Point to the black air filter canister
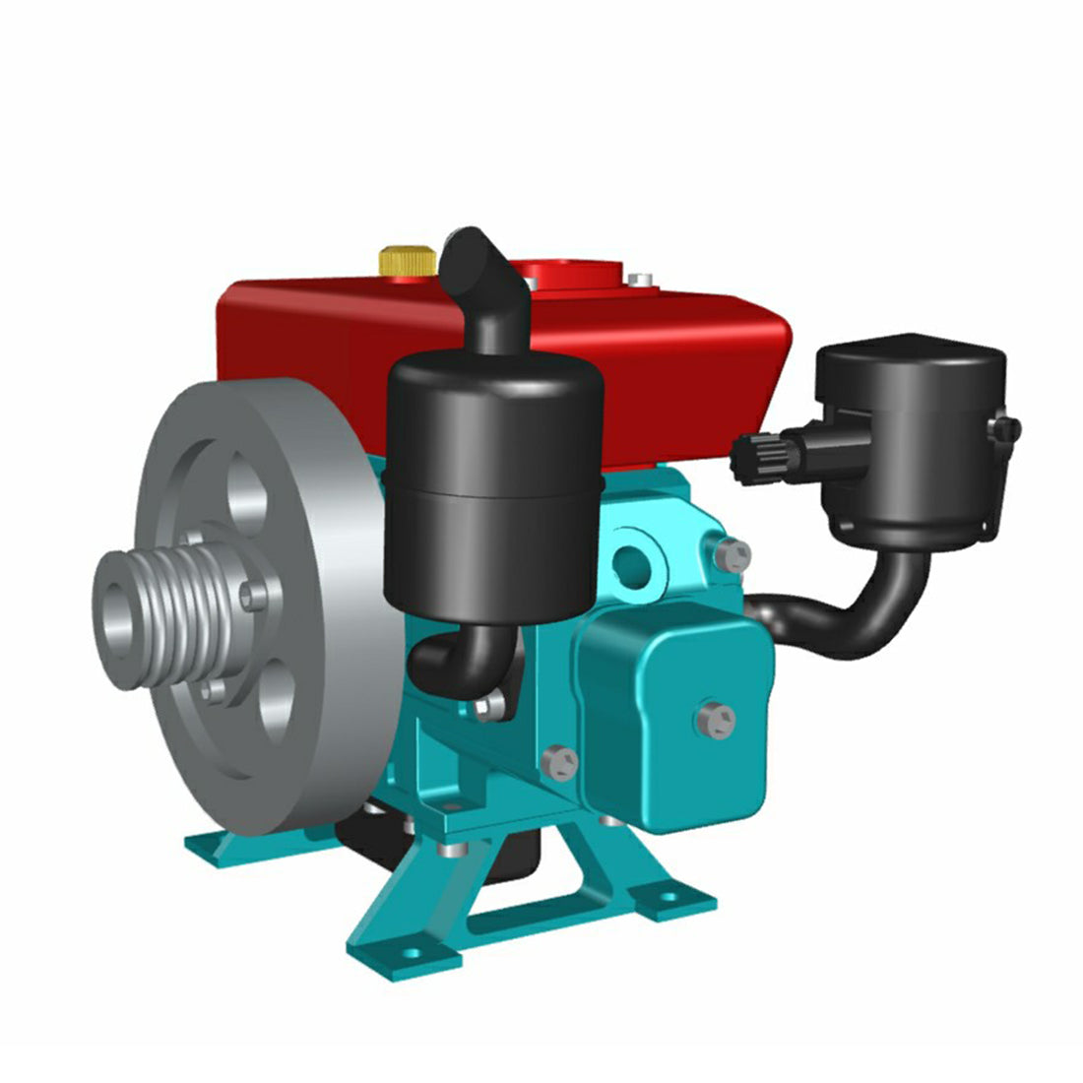[x=910, y=433]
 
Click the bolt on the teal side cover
[x=716, y=721]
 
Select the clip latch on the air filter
[x=1005, y=429]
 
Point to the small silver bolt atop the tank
[x=643, y=280]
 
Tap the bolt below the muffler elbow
[x=489, y=705]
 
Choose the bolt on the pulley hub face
[x=255, y=595]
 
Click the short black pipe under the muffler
[x=463, y=655]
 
